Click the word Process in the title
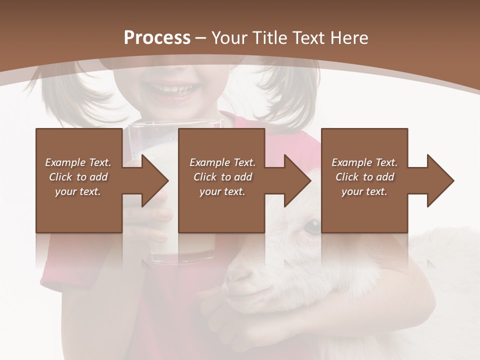click(157, 38)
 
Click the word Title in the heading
click(269, 38)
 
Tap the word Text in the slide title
click(306, 38)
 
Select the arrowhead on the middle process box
click(297, 180)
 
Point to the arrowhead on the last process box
click(440, 180)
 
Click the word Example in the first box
click(65, 162)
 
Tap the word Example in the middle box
click(209, 162)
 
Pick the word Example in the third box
click(351, 162)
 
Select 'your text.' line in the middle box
click(222, 191)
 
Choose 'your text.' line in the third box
click(364, 191)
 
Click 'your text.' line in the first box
click(77, 191)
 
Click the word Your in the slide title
click(231, 38)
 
